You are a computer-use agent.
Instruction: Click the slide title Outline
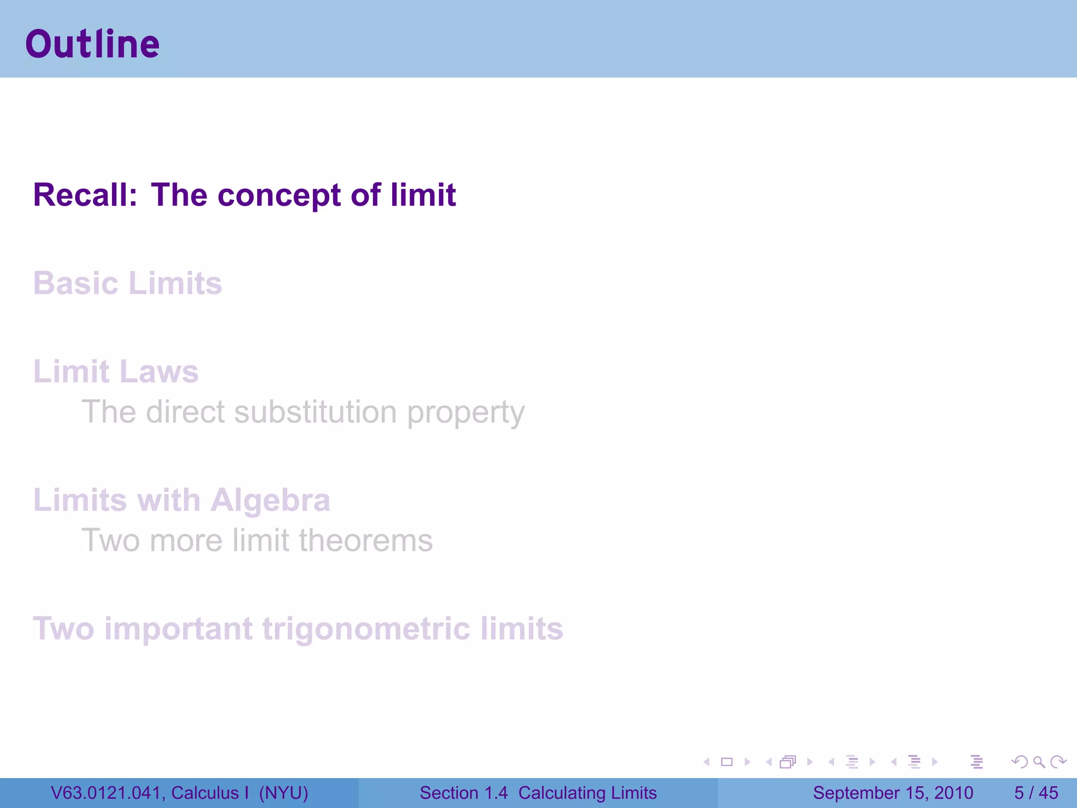pyautogui.click(x=93, y=44)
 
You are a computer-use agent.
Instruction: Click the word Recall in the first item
pyautogui.click(x=85, y=195)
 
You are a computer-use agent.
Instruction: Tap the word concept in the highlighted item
pyautogui.click(x=279, y=195)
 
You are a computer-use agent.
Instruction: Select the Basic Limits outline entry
pyautogui.click(x=127, y=284)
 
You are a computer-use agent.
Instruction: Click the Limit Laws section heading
pyautogui.click(x=116, y=372)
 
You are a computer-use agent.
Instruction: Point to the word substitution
pyautogui.click(x=316, y=412)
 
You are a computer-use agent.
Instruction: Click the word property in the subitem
pyautogui.click(x=466, y=413)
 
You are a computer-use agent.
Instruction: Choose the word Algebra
pyautogui.click(x=270, y=500)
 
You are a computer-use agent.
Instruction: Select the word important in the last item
pyautogui.click(x=178, y=629)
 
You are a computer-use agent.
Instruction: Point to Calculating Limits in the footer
pyautogui.click(x=587, y=793)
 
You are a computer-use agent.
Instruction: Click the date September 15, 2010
pyautogui.click(x=893, y=793)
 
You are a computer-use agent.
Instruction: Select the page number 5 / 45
pyautogui.click(x=1036, y=793)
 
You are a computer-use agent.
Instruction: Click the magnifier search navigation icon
pyautogui.click(x=1039, y=762)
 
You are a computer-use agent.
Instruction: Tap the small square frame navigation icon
pyautogui.click(x=727, y=762)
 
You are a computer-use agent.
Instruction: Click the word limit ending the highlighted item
pyautogui.click(x=423, y=195)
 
